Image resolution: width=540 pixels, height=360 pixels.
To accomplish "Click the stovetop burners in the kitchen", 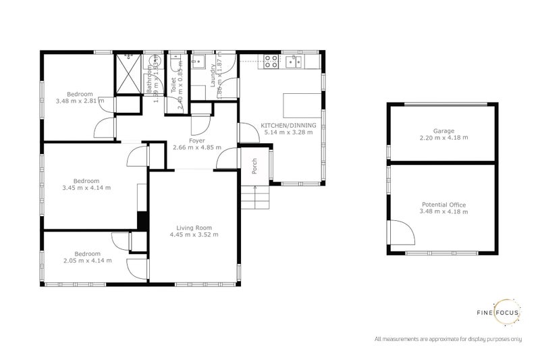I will (271, 61).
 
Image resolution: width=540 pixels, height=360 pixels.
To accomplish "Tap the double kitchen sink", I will (295, 62).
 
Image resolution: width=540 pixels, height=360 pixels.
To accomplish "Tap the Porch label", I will (254, 166).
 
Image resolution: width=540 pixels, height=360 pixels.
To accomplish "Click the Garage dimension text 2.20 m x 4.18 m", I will (443, 137).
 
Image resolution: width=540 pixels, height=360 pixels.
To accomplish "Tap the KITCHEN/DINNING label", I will (288, 125).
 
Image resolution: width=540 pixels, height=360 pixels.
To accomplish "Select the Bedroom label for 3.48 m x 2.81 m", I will (80, 93).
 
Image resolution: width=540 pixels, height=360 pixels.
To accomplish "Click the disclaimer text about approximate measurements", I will (449, 338).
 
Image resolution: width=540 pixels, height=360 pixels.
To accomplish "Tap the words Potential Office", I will (443, 205).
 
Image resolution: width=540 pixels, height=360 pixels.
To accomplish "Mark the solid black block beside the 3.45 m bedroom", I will (142, 221).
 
